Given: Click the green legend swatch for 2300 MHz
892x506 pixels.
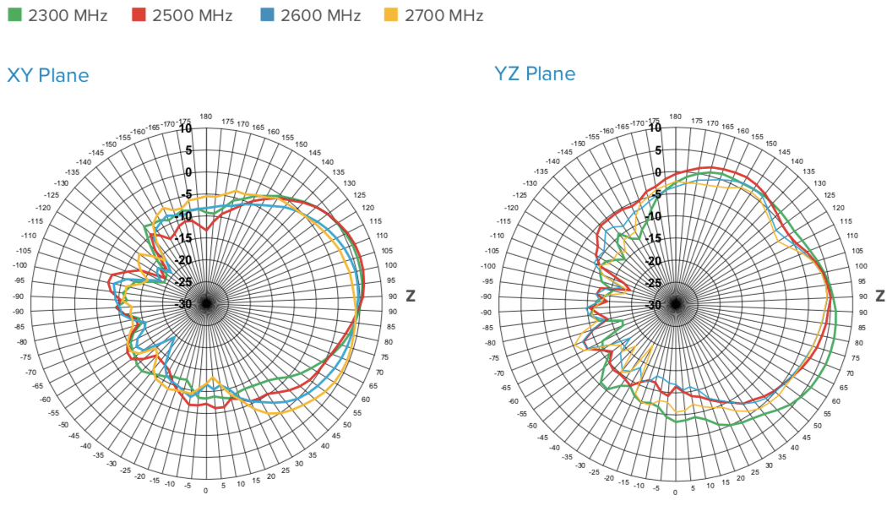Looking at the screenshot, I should tap(14, 15).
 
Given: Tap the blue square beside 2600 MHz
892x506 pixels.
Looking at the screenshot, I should tap(266, 15).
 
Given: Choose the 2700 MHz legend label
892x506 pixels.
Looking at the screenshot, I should tap(443, 15).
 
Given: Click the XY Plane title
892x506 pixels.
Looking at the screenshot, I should tap(48, 75).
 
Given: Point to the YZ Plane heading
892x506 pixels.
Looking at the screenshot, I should tap(535, 73).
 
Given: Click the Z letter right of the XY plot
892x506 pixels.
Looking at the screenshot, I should tap(410, 297).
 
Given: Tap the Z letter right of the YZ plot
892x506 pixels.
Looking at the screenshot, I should tap(879, 297).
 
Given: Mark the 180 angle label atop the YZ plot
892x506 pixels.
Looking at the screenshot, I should tap(674, 117).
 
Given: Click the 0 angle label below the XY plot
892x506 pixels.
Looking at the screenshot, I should tap(205, 491).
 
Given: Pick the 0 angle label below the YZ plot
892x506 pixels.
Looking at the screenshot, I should tap(674, 491).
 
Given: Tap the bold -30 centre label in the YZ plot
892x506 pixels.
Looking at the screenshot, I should tap(653, 305).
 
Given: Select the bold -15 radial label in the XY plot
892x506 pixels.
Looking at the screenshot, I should tap(183, 239).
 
